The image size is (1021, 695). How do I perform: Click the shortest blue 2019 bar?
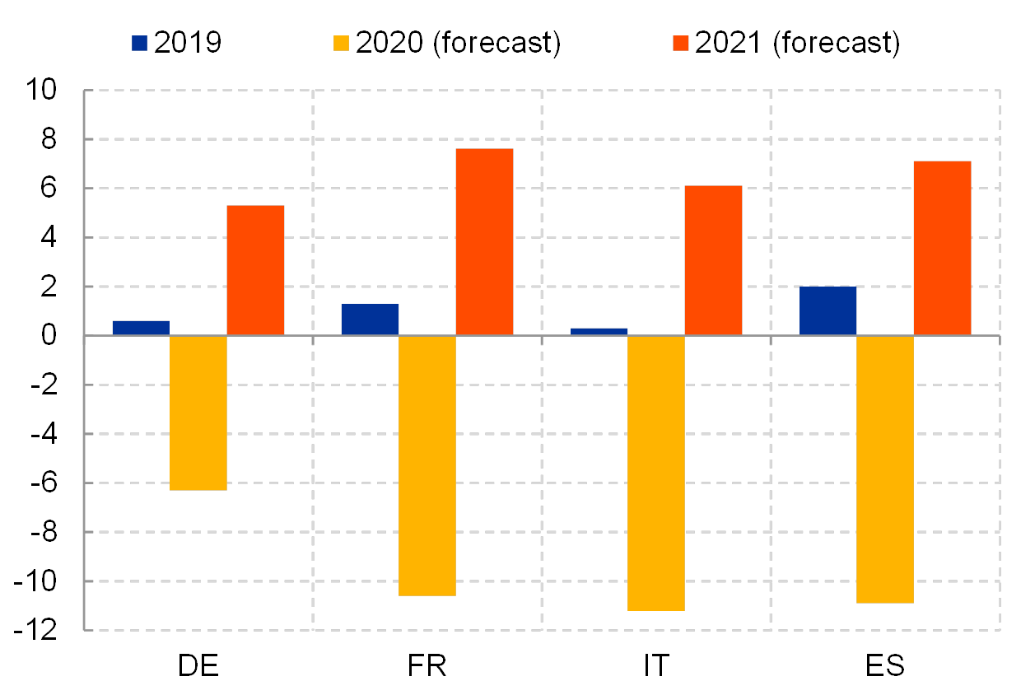point(599,331)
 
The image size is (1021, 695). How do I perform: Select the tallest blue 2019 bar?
point(828,310)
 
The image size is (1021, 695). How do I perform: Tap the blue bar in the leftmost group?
point(141,328)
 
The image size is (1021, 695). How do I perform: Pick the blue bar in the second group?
point(370,320)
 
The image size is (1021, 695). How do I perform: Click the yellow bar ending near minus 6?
point(198,413)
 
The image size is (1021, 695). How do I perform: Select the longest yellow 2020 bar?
point(656,473)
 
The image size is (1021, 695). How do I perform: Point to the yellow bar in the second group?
point(427,465)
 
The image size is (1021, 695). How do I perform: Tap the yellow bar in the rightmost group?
point(885,469)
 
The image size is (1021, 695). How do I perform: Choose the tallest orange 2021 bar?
point(484,241)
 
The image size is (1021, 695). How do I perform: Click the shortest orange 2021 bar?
point(255,270)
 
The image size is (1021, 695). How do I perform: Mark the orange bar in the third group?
point(713,260)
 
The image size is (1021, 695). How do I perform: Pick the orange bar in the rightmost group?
point(942,248)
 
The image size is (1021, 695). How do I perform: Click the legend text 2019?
point(188,43)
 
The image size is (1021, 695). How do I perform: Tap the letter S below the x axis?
point(895,665)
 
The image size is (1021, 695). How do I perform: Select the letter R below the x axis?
point(440,665)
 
